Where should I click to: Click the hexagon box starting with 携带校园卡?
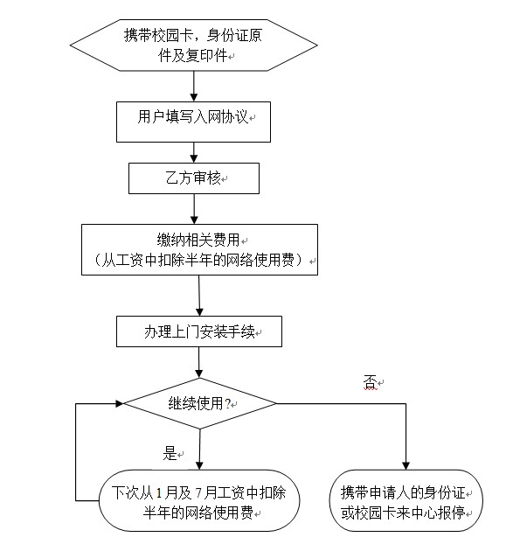pyautogui.click(x=193, y=45)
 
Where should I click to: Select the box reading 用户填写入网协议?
pyautogui.click(x=193, y=122)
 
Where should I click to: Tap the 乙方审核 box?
pyautogui.click(x=194, y=178)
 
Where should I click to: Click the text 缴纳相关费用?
pyautogui.click(x=198, y=240)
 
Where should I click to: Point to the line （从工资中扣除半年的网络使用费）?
pyautogui.click(x=199, y=260)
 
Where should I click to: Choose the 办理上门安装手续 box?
pyautogui.click(x=199, y=331)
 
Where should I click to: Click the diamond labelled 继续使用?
pyautogui.click(x=199, y=403)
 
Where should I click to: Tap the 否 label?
pyautogui.click(x=371, y=382)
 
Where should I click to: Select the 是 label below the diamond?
pyautogui.click(x=170, y=453)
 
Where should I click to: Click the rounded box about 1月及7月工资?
pyautogui.click(x=199, y=500)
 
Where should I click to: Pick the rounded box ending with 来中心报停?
pyautogui.click(x=405, y=500)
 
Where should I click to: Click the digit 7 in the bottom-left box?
pyautogui.click(x=198, y=492)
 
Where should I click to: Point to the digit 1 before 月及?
pyautogui.click(x=159, y=492)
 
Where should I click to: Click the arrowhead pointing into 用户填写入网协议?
pyautogui.click(x=194, y=97)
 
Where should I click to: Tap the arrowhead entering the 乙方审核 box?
pyautogui.click(x=194, y=158)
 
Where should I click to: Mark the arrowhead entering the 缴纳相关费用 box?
pyautogui.click(x=194, y=220)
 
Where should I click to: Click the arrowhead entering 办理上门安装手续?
pyautogui.click(x=199, y=311)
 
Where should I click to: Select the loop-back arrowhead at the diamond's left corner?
pyautogui.click(x=119, y=403)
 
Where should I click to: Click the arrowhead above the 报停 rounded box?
pyautogui.click(x=405, y=465)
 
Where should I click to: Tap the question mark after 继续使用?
pyautogui.click(x=227, y=403)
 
